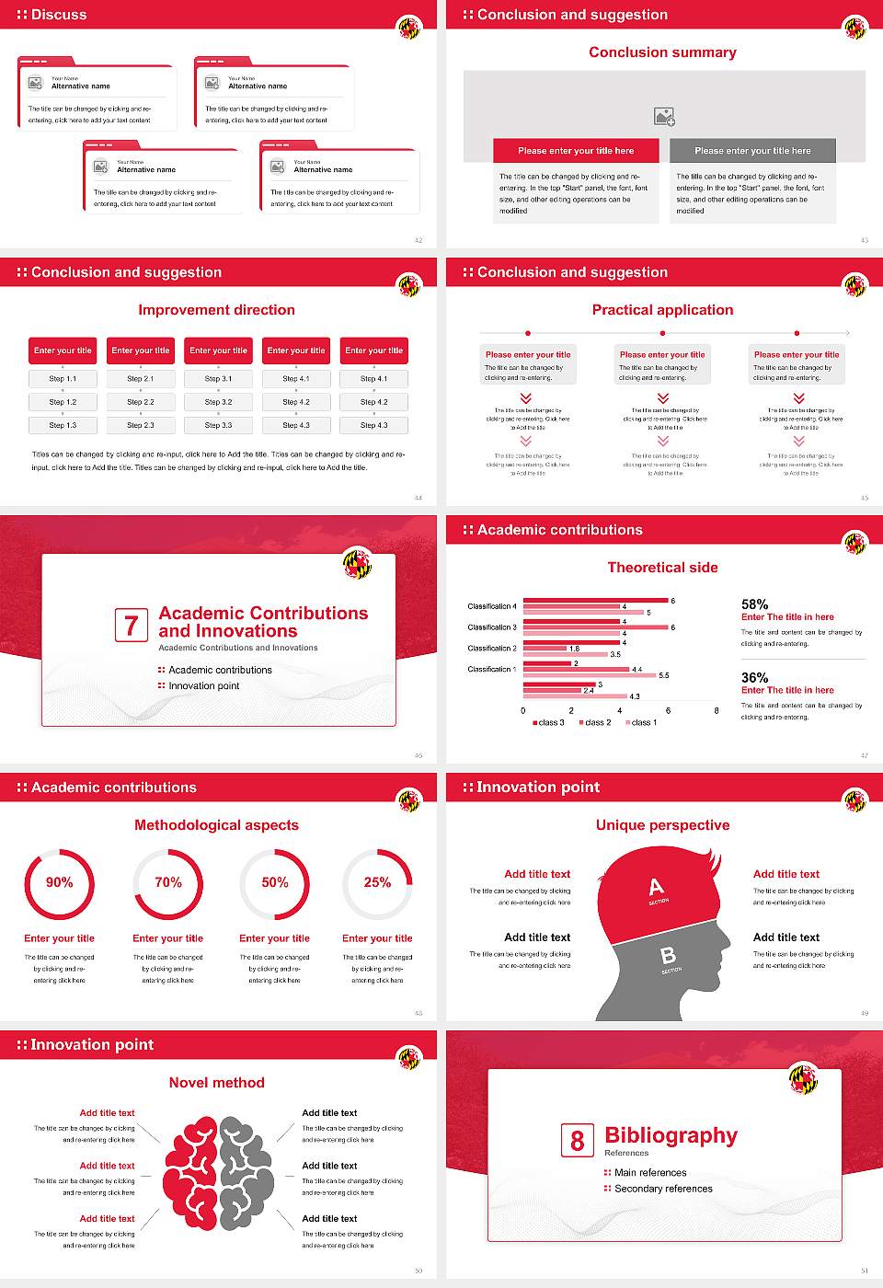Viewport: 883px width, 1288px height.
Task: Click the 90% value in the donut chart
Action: [60, 882]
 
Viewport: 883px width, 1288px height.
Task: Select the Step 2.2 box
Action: [141, 402]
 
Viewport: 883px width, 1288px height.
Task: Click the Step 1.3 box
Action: [63, 425]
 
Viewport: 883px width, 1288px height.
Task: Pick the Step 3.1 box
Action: [218, 378]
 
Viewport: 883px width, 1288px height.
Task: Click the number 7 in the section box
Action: [132, 626]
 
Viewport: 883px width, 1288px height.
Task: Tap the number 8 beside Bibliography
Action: [577, 1141]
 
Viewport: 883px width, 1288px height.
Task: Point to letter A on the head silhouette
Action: [656, 887]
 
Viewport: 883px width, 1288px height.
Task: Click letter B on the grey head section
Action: [668, 956]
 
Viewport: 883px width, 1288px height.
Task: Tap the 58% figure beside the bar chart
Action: [754, 604]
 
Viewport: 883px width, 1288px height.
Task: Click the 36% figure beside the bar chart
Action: [754, 677]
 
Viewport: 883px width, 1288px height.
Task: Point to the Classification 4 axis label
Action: [492, 606]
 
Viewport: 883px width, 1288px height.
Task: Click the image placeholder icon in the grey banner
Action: [664, 117]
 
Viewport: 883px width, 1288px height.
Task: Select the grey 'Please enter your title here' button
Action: [752, 151]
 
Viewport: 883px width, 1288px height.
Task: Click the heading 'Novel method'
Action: [217, 1083]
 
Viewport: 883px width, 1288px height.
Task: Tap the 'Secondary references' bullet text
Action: [663, 1189]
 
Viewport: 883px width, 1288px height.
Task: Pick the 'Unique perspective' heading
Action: [662, 825]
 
